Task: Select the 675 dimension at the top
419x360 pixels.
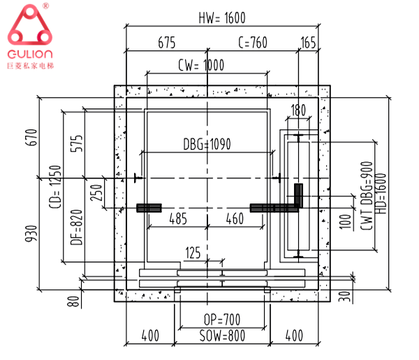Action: coord(166,43)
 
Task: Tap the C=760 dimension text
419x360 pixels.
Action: coord(253,43)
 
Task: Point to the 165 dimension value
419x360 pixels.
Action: coord(308,43)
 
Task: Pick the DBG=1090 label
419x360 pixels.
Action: coord(207,145)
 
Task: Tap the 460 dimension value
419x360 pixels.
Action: coord(235,219)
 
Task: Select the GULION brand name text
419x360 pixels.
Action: coord(29,54)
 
